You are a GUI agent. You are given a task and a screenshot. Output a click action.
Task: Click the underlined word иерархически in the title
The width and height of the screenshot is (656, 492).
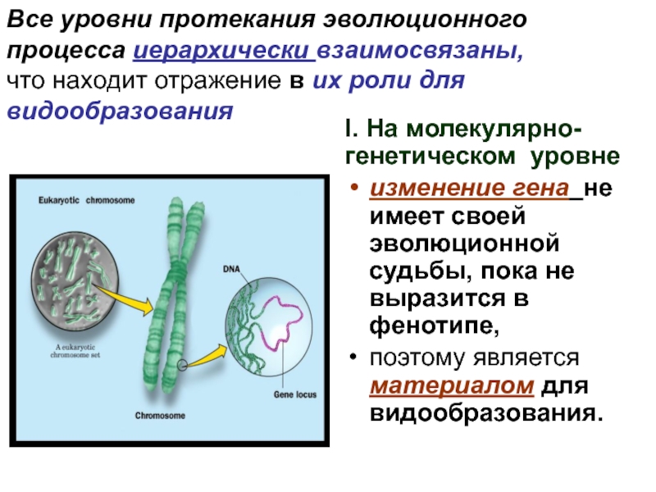pos(223,50)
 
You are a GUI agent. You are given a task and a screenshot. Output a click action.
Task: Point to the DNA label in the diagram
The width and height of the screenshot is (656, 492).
pos(231,269)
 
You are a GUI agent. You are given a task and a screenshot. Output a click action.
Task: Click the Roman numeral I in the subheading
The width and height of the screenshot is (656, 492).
pos(349,130)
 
